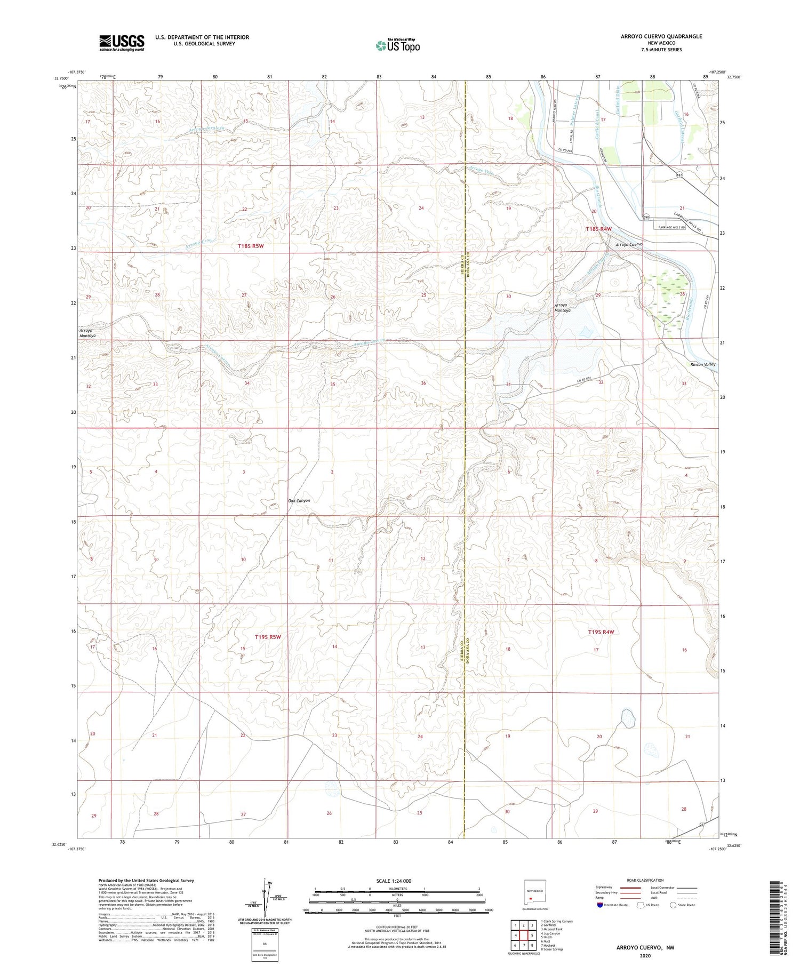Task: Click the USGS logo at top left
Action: [x=122, y=43]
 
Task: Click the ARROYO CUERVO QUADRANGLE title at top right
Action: [x=654, y=36]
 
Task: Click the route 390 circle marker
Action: [x=646, y=218]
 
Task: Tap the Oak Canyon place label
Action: [x=299, y=500]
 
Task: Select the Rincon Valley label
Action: [x=702, y=364]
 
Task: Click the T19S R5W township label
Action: [x=268, y=637]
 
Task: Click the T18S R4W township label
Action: [x=599, y=229]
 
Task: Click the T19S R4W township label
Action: [x=601, y=632]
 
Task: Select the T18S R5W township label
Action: [x=251, y=246]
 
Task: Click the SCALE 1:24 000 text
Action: [x=394, y=881]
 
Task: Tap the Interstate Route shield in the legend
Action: [x=600, y=905]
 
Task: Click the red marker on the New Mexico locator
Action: [x=530, y=898]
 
